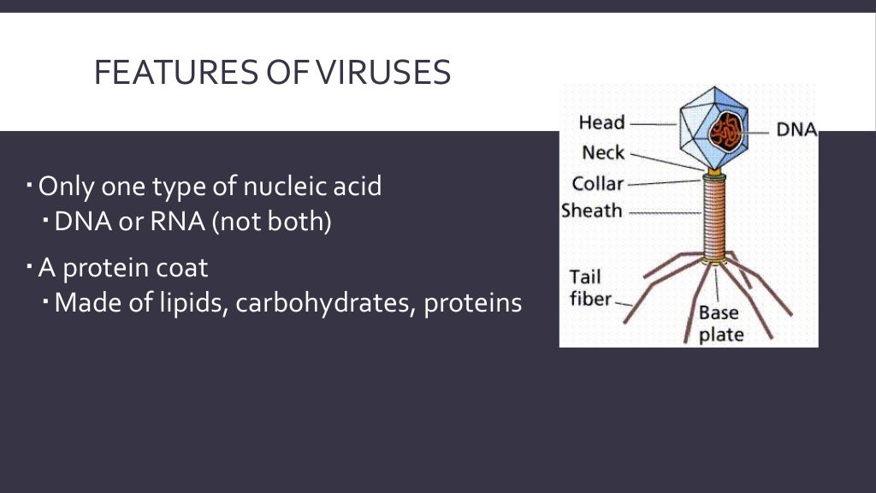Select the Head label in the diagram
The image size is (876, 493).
(601, 122)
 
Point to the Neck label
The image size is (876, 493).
(603, 153)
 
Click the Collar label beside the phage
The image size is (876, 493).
(598, 183)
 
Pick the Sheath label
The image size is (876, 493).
(592, 211)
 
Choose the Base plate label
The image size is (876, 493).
(720, 324)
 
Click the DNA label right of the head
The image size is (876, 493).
(796, 130)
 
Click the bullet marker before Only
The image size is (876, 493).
(30, 184)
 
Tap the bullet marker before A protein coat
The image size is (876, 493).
(30, 266)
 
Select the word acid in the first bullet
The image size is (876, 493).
(353, 186)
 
